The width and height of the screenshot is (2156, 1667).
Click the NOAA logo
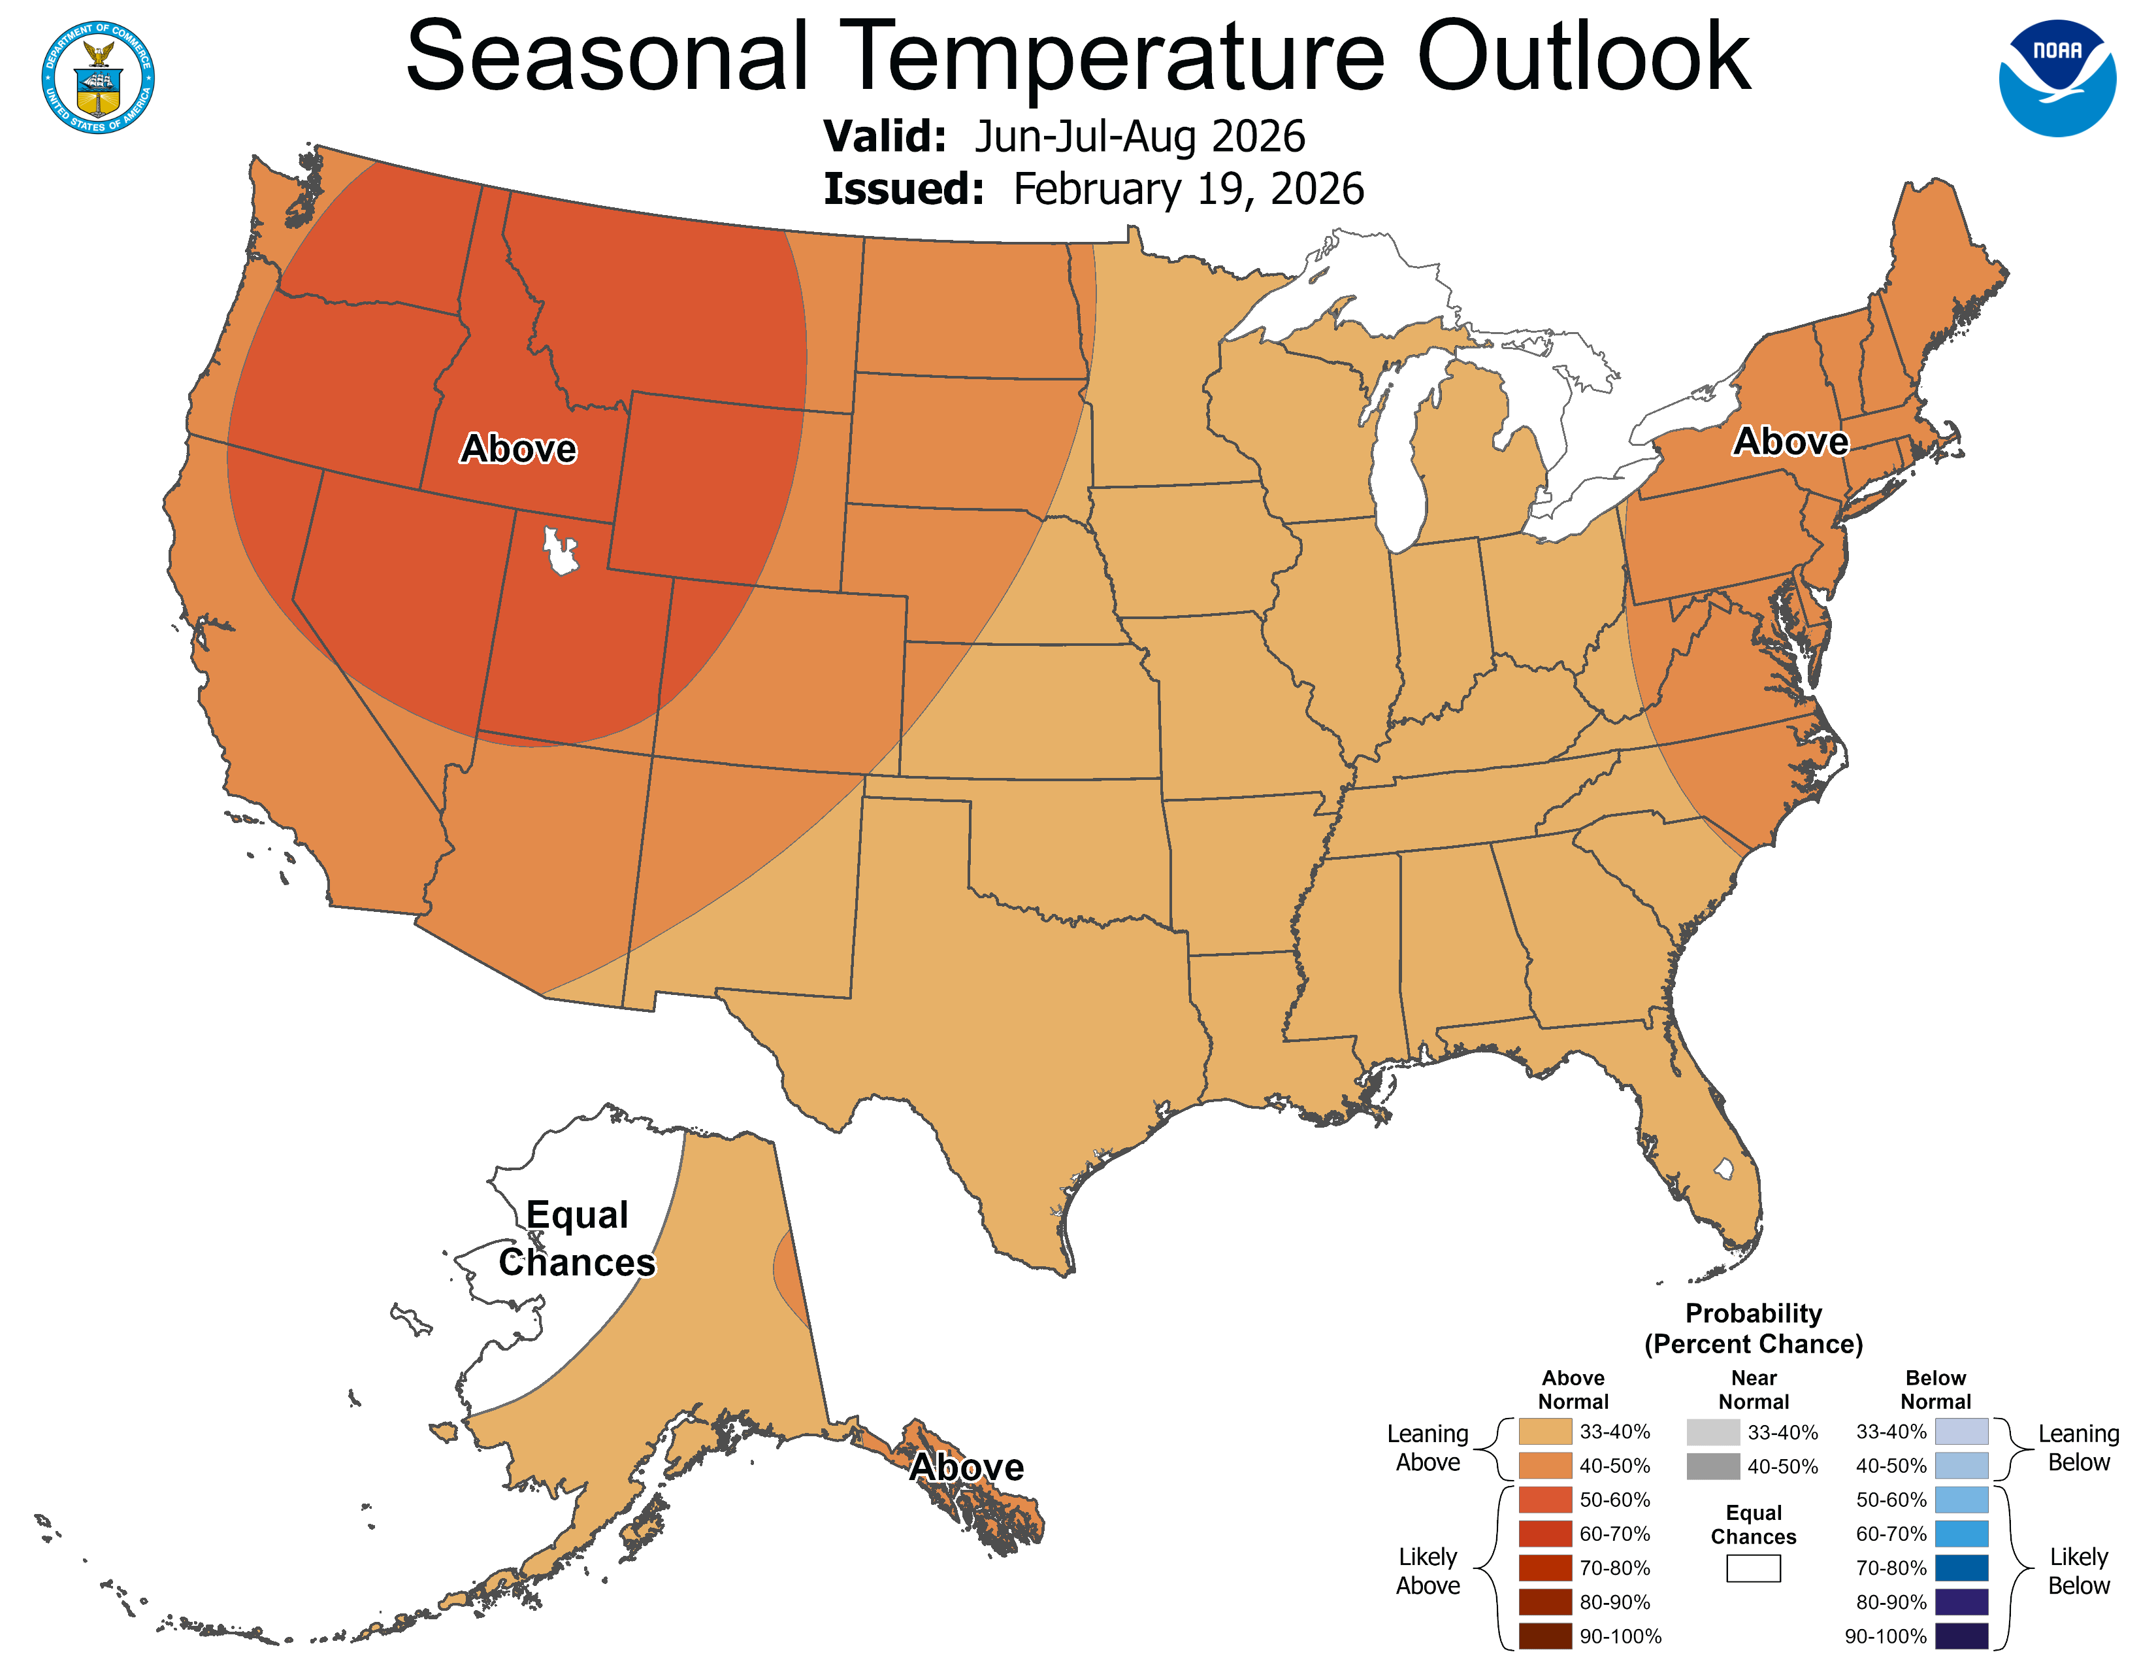click(2057, 78)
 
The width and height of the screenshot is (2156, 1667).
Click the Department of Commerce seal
click(98, 77)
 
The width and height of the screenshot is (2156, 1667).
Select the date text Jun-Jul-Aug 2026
click(1139, 136)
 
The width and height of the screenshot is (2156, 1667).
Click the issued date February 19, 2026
click(1188, 190)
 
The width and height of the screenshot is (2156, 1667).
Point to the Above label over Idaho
click(518, 449)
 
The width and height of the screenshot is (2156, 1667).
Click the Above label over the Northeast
click(1791, 441)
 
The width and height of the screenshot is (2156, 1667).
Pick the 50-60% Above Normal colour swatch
click(1545, 1500)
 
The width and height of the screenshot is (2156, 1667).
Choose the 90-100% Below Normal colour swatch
click(1961, 1636)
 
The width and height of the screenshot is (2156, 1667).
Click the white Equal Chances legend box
click(1754, 1568)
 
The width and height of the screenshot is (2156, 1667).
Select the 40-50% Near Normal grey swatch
click(1713, 1466)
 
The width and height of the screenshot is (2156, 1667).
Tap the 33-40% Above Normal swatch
click(1545, 1432)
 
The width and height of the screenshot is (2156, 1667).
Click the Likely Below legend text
click(2078, 1571)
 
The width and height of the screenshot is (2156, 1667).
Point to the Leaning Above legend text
click(1428, 1448)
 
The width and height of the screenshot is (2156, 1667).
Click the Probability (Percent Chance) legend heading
click(1754, 1328)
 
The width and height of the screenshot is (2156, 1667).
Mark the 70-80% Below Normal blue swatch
click(1961, 1568)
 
